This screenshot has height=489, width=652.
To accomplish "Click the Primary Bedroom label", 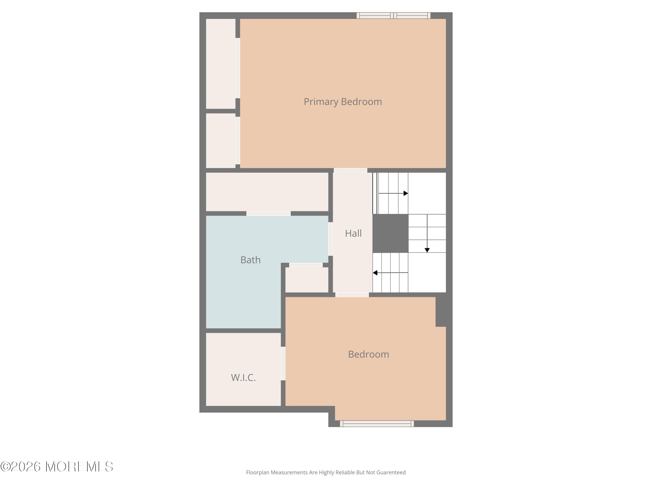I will coord(343,102).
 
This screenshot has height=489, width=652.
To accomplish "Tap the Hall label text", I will coord(353,233).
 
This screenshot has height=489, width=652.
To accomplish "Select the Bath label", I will coord(250,260).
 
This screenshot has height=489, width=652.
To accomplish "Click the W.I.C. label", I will coord(243,378).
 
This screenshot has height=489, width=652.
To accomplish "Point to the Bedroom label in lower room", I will coord(368,354).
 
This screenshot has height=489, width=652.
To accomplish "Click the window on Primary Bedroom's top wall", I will coord(394,16).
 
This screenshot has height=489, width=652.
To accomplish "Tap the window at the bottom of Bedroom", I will coord(377,424).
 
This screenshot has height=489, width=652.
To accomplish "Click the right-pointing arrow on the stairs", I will coord(405,193).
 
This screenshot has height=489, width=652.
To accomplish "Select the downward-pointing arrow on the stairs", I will coord(427,250).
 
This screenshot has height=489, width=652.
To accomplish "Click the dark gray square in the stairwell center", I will coord(390,233).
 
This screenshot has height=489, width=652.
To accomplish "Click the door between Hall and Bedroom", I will coord(352,295).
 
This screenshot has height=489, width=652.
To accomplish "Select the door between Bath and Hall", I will coord(330,239).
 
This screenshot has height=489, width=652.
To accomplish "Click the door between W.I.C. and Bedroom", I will coord(283,363).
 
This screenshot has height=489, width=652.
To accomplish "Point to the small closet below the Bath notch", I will coord(306,280).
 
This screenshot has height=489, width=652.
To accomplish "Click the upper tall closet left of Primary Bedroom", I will coord(220,64).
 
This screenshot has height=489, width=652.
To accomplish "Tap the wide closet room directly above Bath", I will coord(267,192).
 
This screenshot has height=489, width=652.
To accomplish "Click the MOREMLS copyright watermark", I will coord(57,467).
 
